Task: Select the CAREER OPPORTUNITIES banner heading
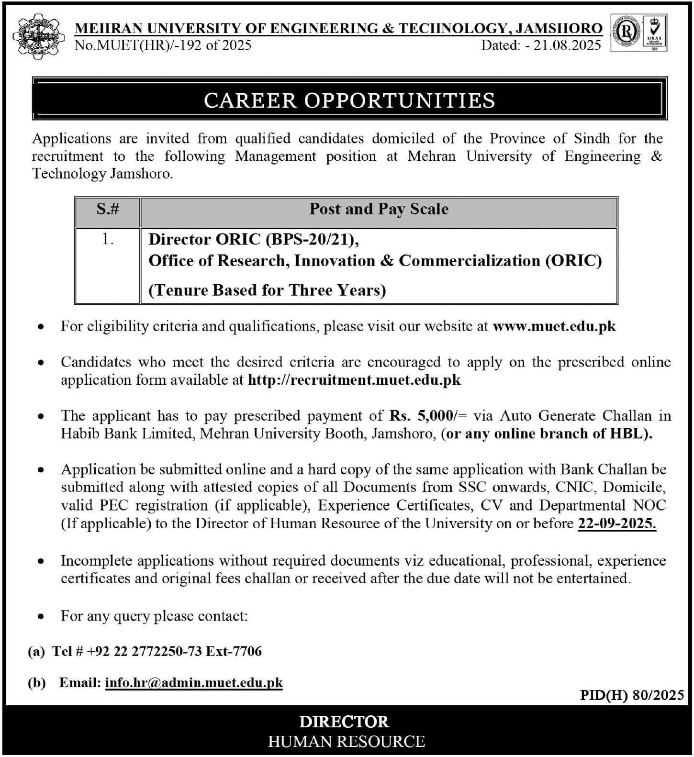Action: pos(349,100)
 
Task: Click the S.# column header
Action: pos(108,209)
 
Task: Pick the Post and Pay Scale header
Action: pos(379,209)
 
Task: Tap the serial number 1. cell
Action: pos(108,239)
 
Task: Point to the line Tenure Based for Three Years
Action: pos(267,290)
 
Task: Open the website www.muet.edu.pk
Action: pos(554,326)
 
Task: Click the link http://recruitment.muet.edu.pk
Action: pos(354,380)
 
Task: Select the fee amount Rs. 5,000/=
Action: pos(424,415)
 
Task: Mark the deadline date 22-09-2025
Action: pos(616,523)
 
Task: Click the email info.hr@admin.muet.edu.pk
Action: pos(194,683)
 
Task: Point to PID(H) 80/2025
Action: pos(632,695)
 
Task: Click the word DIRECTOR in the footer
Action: pos(344,722)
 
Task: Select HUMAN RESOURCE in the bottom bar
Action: pos(347,742)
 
